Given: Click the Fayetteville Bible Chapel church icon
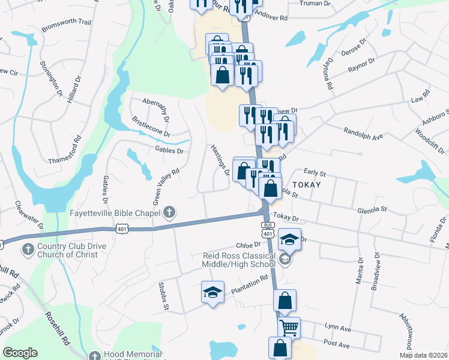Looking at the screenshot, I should point(170,212).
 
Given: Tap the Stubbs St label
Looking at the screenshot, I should point(162,296).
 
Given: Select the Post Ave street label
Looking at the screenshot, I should point(336,345).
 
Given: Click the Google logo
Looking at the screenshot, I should point(20,353).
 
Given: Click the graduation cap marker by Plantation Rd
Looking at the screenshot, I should point(212,292).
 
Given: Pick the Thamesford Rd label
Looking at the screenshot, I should point(63,148).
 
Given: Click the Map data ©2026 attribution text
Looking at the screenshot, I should point(423,355).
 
